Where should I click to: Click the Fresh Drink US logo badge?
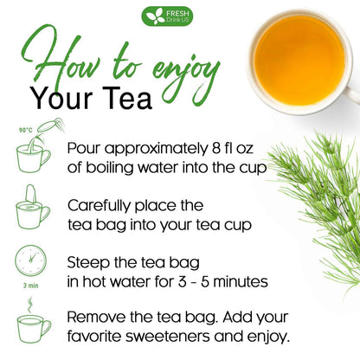tap(168, 16)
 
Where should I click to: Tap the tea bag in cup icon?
tap(33, 209)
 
